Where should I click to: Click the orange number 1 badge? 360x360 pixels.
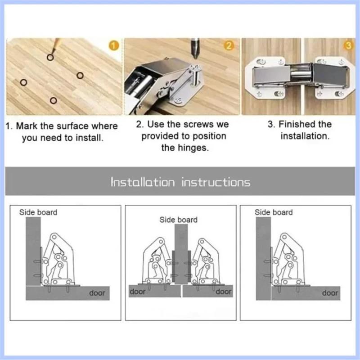[x=114, y=45]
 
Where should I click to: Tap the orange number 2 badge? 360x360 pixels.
[x=229, y=45]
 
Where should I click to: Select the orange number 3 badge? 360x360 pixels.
[x=348, y=45]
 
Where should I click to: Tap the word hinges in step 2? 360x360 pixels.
[x=196, y=148]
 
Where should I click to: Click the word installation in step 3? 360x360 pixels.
[x=305, y=135]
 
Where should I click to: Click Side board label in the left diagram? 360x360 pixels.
[x=38, y=212]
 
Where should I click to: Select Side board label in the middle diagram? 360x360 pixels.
[x=178, y=220]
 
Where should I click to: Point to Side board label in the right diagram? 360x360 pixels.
[x=274, y=212]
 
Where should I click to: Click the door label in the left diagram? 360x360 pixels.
[x=97, y=293]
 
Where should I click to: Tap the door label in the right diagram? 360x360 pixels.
[x=330, y=293]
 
